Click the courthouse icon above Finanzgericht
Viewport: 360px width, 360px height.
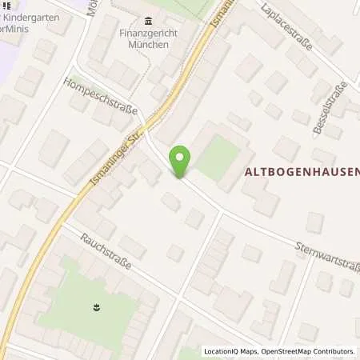point(148,21)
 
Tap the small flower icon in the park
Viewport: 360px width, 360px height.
point(96,306)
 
